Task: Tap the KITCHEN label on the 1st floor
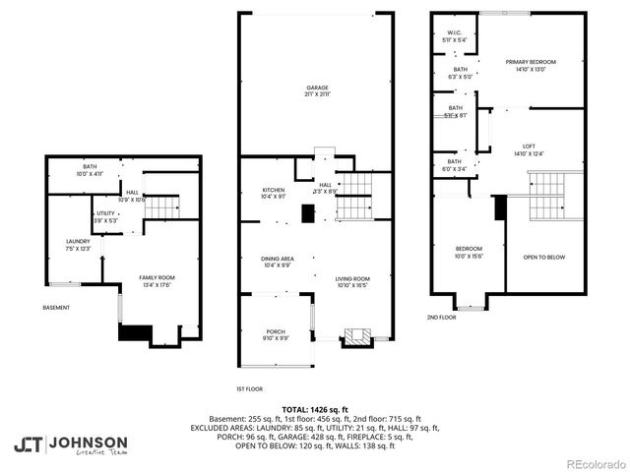[x=274, y=193]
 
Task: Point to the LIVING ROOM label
[x=351, y=281]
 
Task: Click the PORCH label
[x=275, y=335]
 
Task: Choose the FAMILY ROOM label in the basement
[x=156, y=281]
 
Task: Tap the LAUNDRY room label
[x=78, y=244]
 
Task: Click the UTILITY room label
[x=105, y=216]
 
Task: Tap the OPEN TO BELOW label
[x=543, y=257]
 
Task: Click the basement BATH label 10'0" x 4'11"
[x=90, y=170]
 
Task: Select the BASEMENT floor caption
[x=56, y=308]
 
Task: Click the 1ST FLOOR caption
[x=249, y=389]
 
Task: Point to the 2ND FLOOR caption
[x=441, y=318]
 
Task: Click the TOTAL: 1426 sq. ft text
[x=314, y=409]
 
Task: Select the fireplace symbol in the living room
[x=357, y=338]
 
